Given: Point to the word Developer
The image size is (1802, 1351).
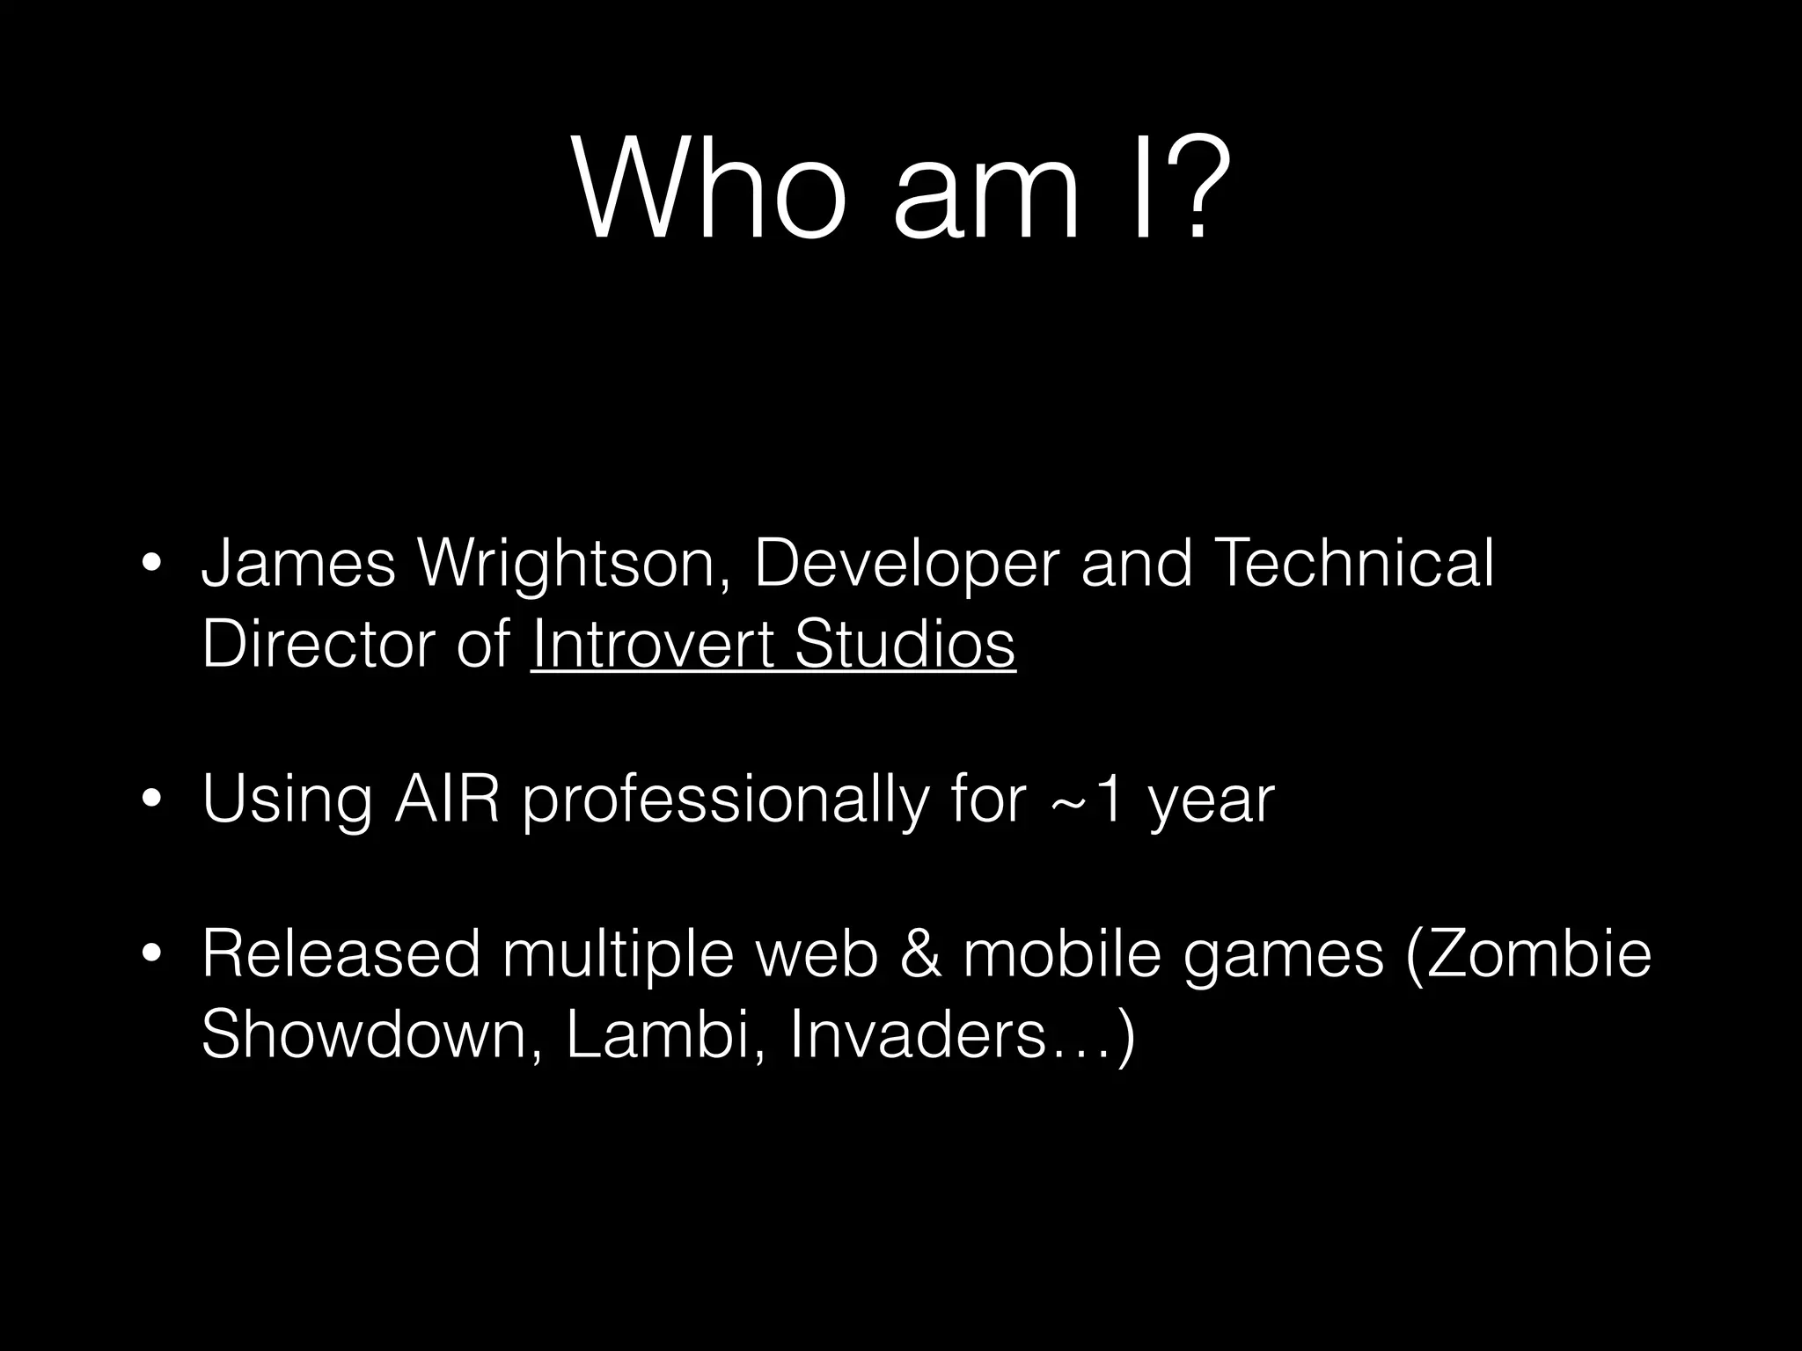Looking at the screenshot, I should tap(906, 565).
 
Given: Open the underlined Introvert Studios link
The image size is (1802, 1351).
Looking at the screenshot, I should tap(773, 644).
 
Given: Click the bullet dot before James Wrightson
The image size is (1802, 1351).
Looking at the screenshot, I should tap(151, 564).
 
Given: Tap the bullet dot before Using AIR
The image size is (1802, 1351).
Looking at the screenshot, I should tap(151, 800).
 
